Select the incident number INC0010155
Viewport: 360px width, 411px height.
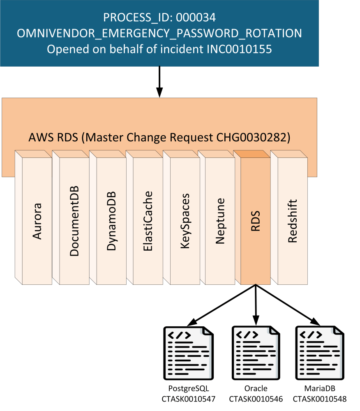(238, 49)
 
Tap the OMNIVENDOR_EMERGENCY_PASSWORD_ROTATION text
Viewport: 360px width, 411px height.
(159, 33)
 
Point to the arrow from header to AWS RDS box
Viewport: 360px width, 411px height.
(160, 82)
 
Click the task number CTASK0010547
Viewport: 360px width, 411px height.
(189, 399)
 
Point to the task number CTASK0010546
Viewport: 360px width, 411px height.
(256, 399)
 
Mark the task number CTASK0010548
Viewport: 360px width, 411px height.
(319, 399)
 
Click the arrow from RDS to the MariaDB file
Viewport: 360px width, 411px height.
(288, 305)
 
